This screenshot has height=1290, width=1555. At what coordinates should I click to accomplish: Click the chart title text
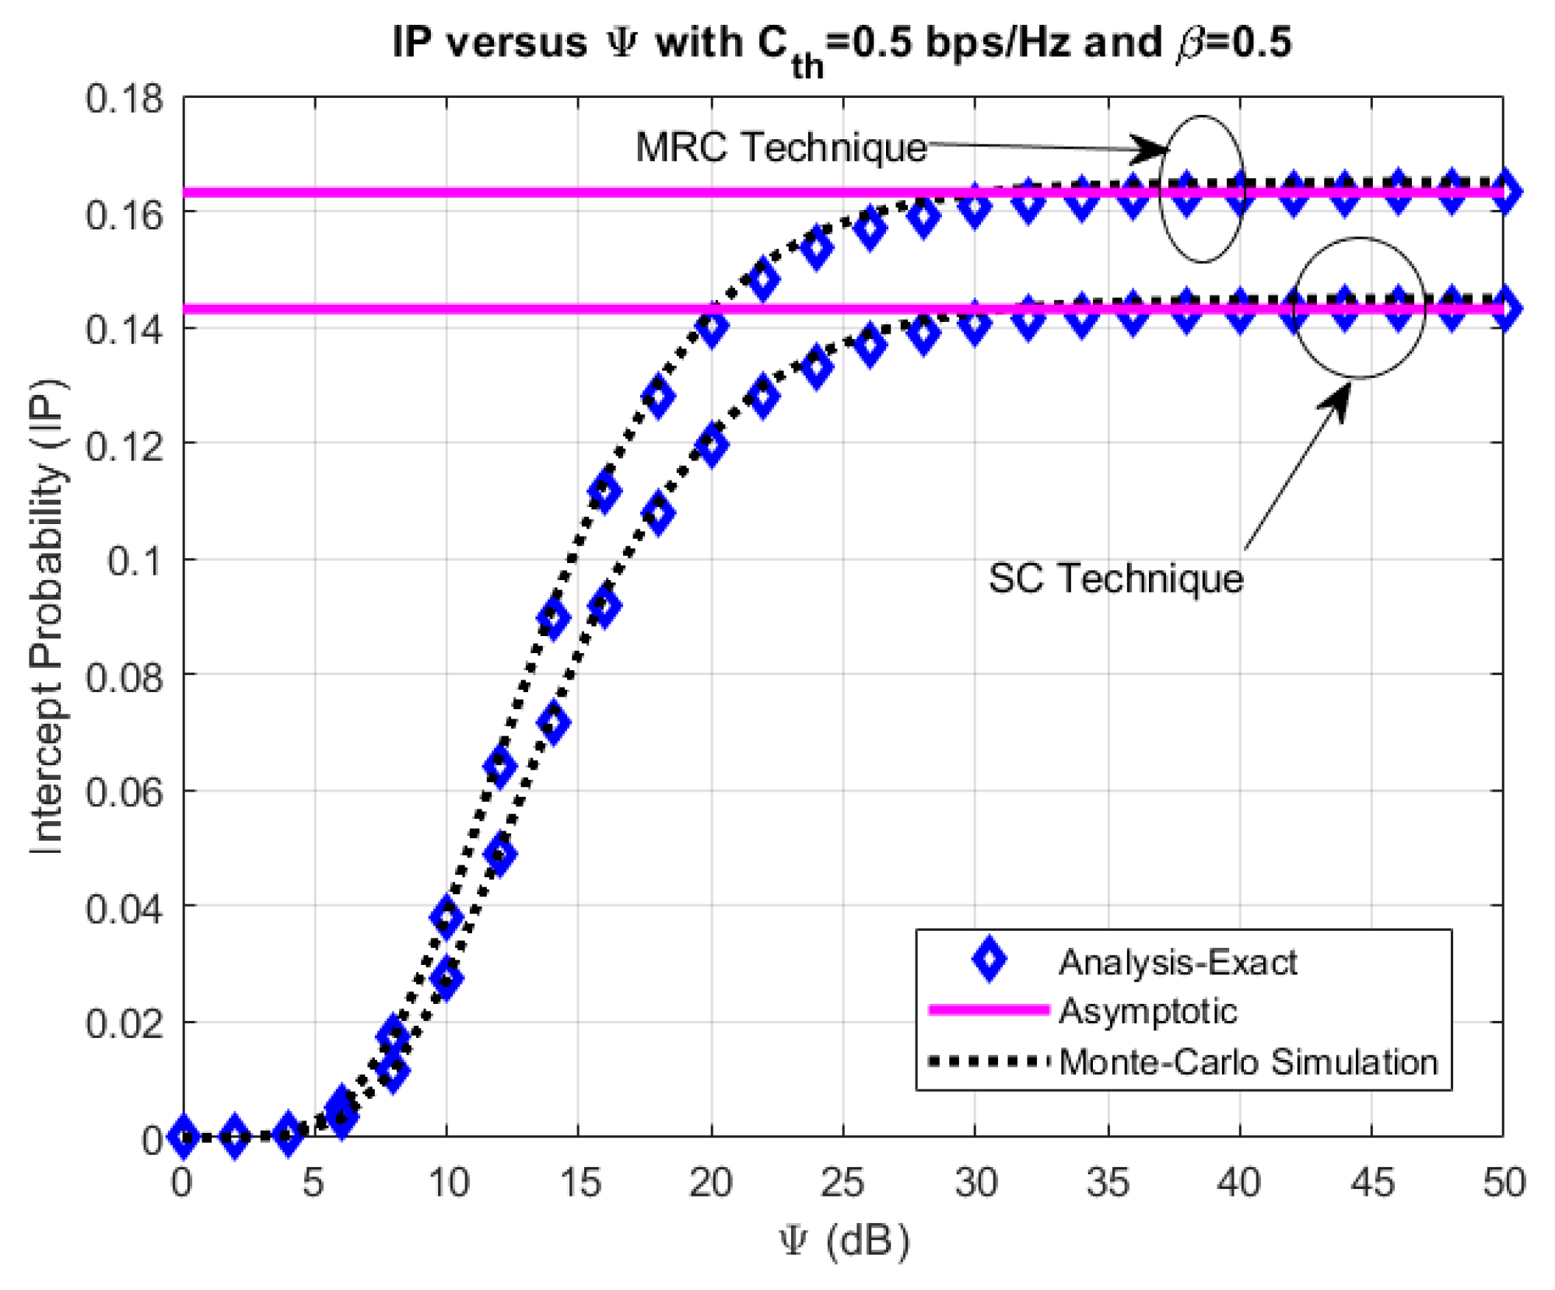pos(842,43)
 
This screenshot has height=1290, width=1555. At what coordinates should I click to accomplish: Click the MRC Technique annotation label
pos(780,147)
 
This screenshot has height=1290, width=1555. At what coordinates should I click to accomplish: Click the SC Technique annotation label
pos(1115,579)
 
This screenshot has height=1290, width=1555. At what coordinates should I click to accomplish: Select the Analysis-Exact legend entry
pos(1176,963)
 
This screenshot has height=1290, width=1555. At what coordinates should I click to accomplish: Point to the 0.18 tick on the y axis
pos(124,100)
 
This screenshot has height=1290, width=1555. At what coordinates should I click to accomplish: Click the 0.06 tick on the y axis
pos(124,792)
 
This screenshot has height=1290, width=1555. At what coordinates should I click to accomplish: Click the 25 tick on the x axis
pos(842,1183)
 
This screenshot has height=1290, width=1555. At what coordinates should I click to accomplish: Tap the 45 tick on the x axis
pos(1371,1183)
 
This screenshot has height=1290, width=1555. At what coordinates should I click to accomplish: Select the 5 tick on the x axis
pos(313,1183)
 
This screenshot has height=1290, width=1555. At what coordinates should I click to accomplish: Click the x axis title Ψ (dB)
pos(844,1240)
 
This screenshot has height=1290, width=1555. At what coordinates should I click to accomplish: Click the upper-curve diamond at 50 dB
pos(1505,192)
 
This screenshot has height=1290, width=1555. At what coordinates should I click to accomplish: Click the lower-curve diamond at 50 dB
pos(1505,309)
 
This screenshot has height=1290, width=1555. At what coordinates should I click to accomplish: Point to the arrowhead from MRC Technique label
pos(1155,149)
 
